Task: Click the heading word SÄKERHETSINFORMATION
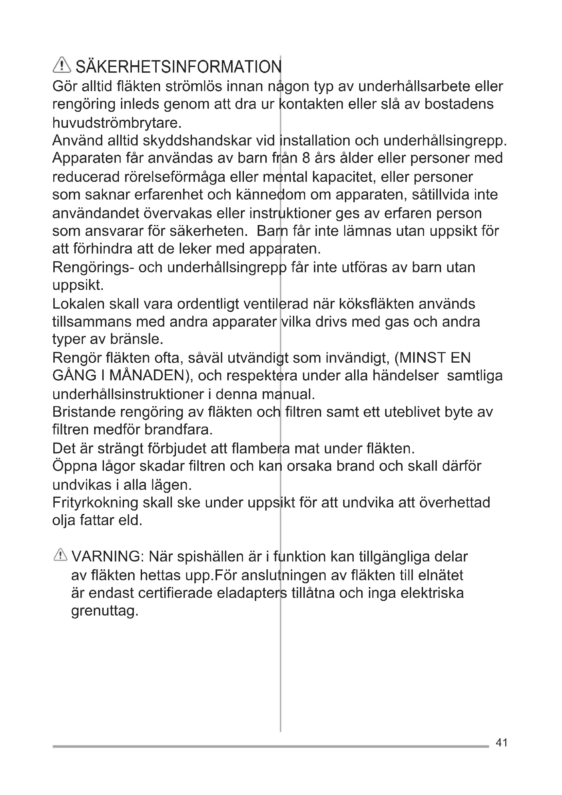[x=179, y=67]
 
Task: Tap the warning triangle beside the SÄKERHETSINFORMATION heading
[x=62, y=65]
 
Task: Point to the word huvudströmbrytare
[x=117, y=123]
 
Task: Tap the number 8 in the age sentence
[x=306, y=158]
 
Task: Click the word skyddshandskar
[x=197, y=141]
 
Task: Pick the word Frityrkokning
[x=95, y=502]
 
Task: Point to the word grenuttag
[x=105, y=611]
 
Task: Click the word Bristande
[x=83, y=412]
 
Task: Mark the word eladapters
[x=251, y=593]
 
